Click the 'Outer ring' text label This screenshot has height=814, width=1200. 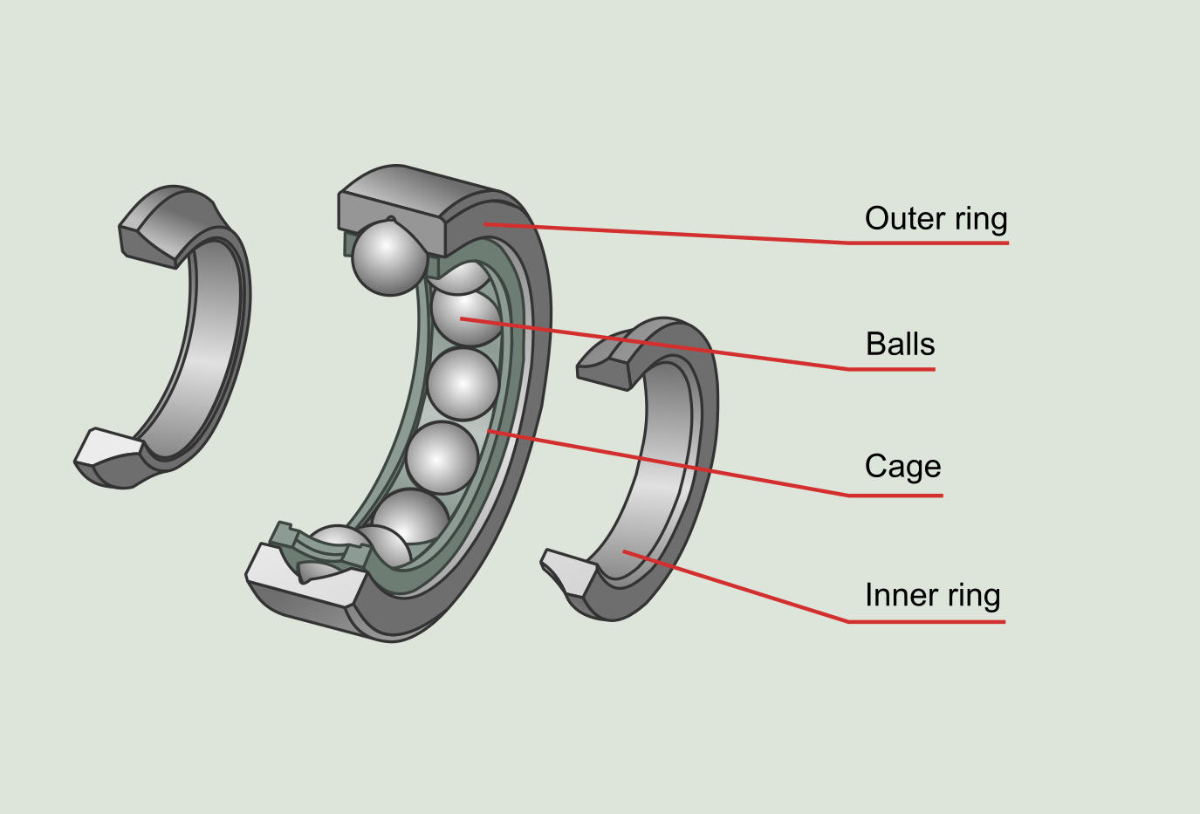point(936,218)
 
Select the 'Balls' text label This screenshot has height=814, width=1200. point(900,344)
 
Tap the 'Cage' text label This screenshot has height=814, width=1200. point(902,467)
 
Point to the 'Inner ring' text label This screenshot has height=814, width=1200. point(932,595)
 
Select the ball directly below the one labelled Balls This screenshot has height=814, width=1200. point(463,384)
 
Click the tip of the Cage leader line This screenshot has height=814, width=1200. point(489,430)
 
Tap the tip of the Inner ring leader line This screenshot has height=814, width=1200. point(625,551)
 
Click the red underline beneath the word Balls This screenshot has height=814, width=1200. point(890,369)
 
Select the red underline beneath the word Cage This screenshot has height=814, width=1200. point(895,495)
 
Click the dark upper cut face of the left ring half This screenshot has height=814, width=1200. point(148,244)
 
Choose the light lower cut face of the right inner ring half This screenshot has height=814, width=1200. point(570,571)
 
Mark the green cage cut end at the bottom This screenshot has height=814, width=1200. point(284,535)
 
